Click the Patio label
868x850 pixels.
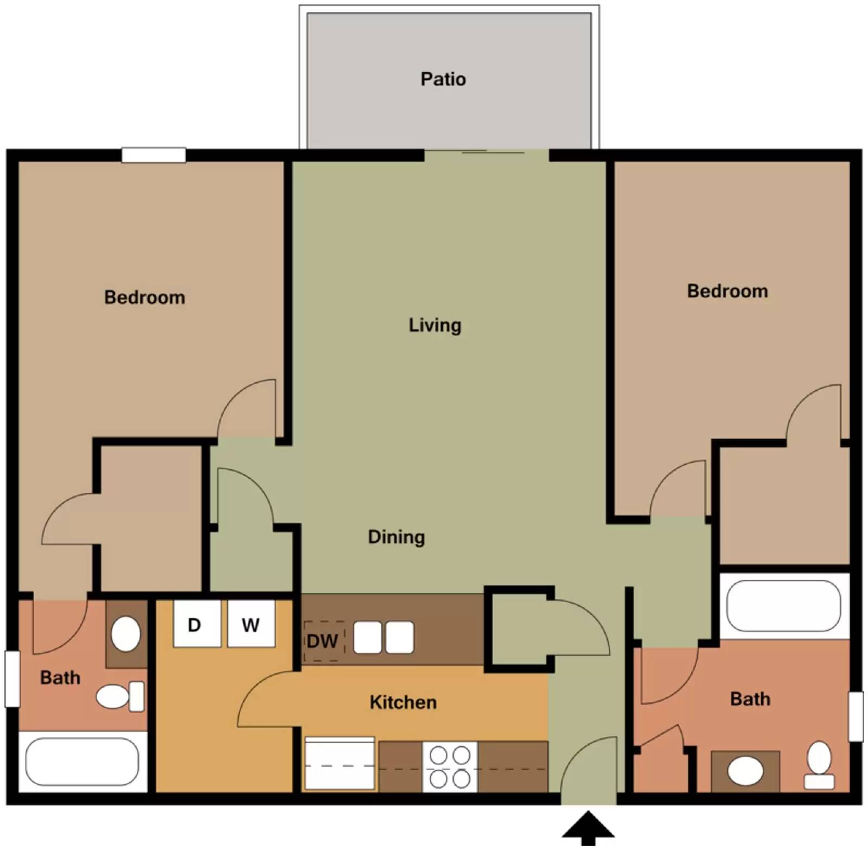[443, 79]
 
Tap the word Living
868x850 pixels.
[435, 325]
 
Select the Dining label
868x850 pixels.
[396, 537]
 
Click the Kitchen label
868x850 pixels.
[403, 702]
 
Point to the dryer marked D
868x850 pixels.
[196, 624]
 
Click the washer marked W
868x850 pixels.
[251, 624]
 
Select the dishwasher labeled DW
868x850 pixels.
[323, 641]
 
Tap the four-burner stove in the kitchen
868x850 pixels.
[450, 766]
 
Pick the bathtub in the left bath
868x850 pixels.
[82, 761]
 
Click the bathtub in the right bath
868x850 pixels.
[783, 606]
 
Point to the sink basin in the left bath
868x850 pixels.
[126, 633]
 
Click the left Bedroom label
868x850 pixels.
[144, 297]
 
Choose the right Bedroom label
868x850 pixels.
[727, 291]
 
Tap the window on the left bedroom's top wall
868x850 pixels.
[154, 155]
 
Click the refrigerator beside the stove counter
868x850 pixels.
[340, 764]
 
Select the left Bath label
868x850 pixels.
[60, 677]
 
